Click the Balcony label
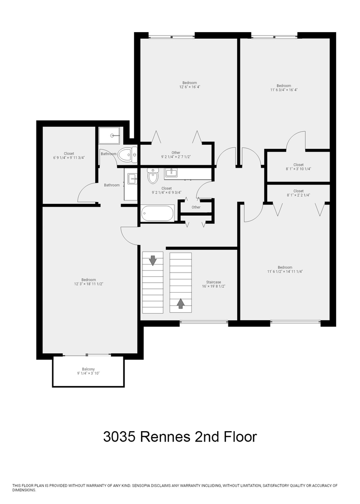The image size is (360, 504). (x=88, y=369)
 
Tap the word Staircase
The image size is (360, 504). (x=214, y=282)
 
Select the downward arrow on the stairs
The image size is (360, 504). (x=152, y=260)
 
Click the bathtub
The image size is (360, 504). (x=157, y=213)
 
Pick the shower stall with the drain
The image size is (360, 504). (x=109, y=135)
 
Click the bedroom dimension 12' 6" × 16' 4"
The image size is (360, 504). (x=190, y=87)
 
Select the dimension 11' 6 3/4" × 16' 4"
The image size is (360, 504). (x=284, y=90)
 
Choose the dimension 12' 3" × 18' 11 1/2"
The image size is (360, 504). (x=88, y=284)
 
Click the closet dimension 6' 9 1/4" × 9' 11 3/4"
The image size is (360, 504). (x=69, y=158)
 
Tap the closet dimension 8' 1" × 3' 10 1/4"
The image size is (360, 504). (x=298, y=169)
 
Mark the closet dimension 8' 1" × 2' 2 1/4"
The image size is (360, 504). (x=298, y=195)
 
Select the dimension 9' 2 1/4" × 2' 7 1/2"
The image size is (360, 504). (x=176, y=157)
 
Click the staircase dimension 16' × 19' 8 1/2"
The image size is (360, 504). (x=214, y=287)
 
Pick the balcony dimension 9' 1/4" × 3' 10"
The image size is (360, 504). (x=88, y=373)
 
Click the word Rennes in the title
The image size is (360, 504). (x=166, y=437)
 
